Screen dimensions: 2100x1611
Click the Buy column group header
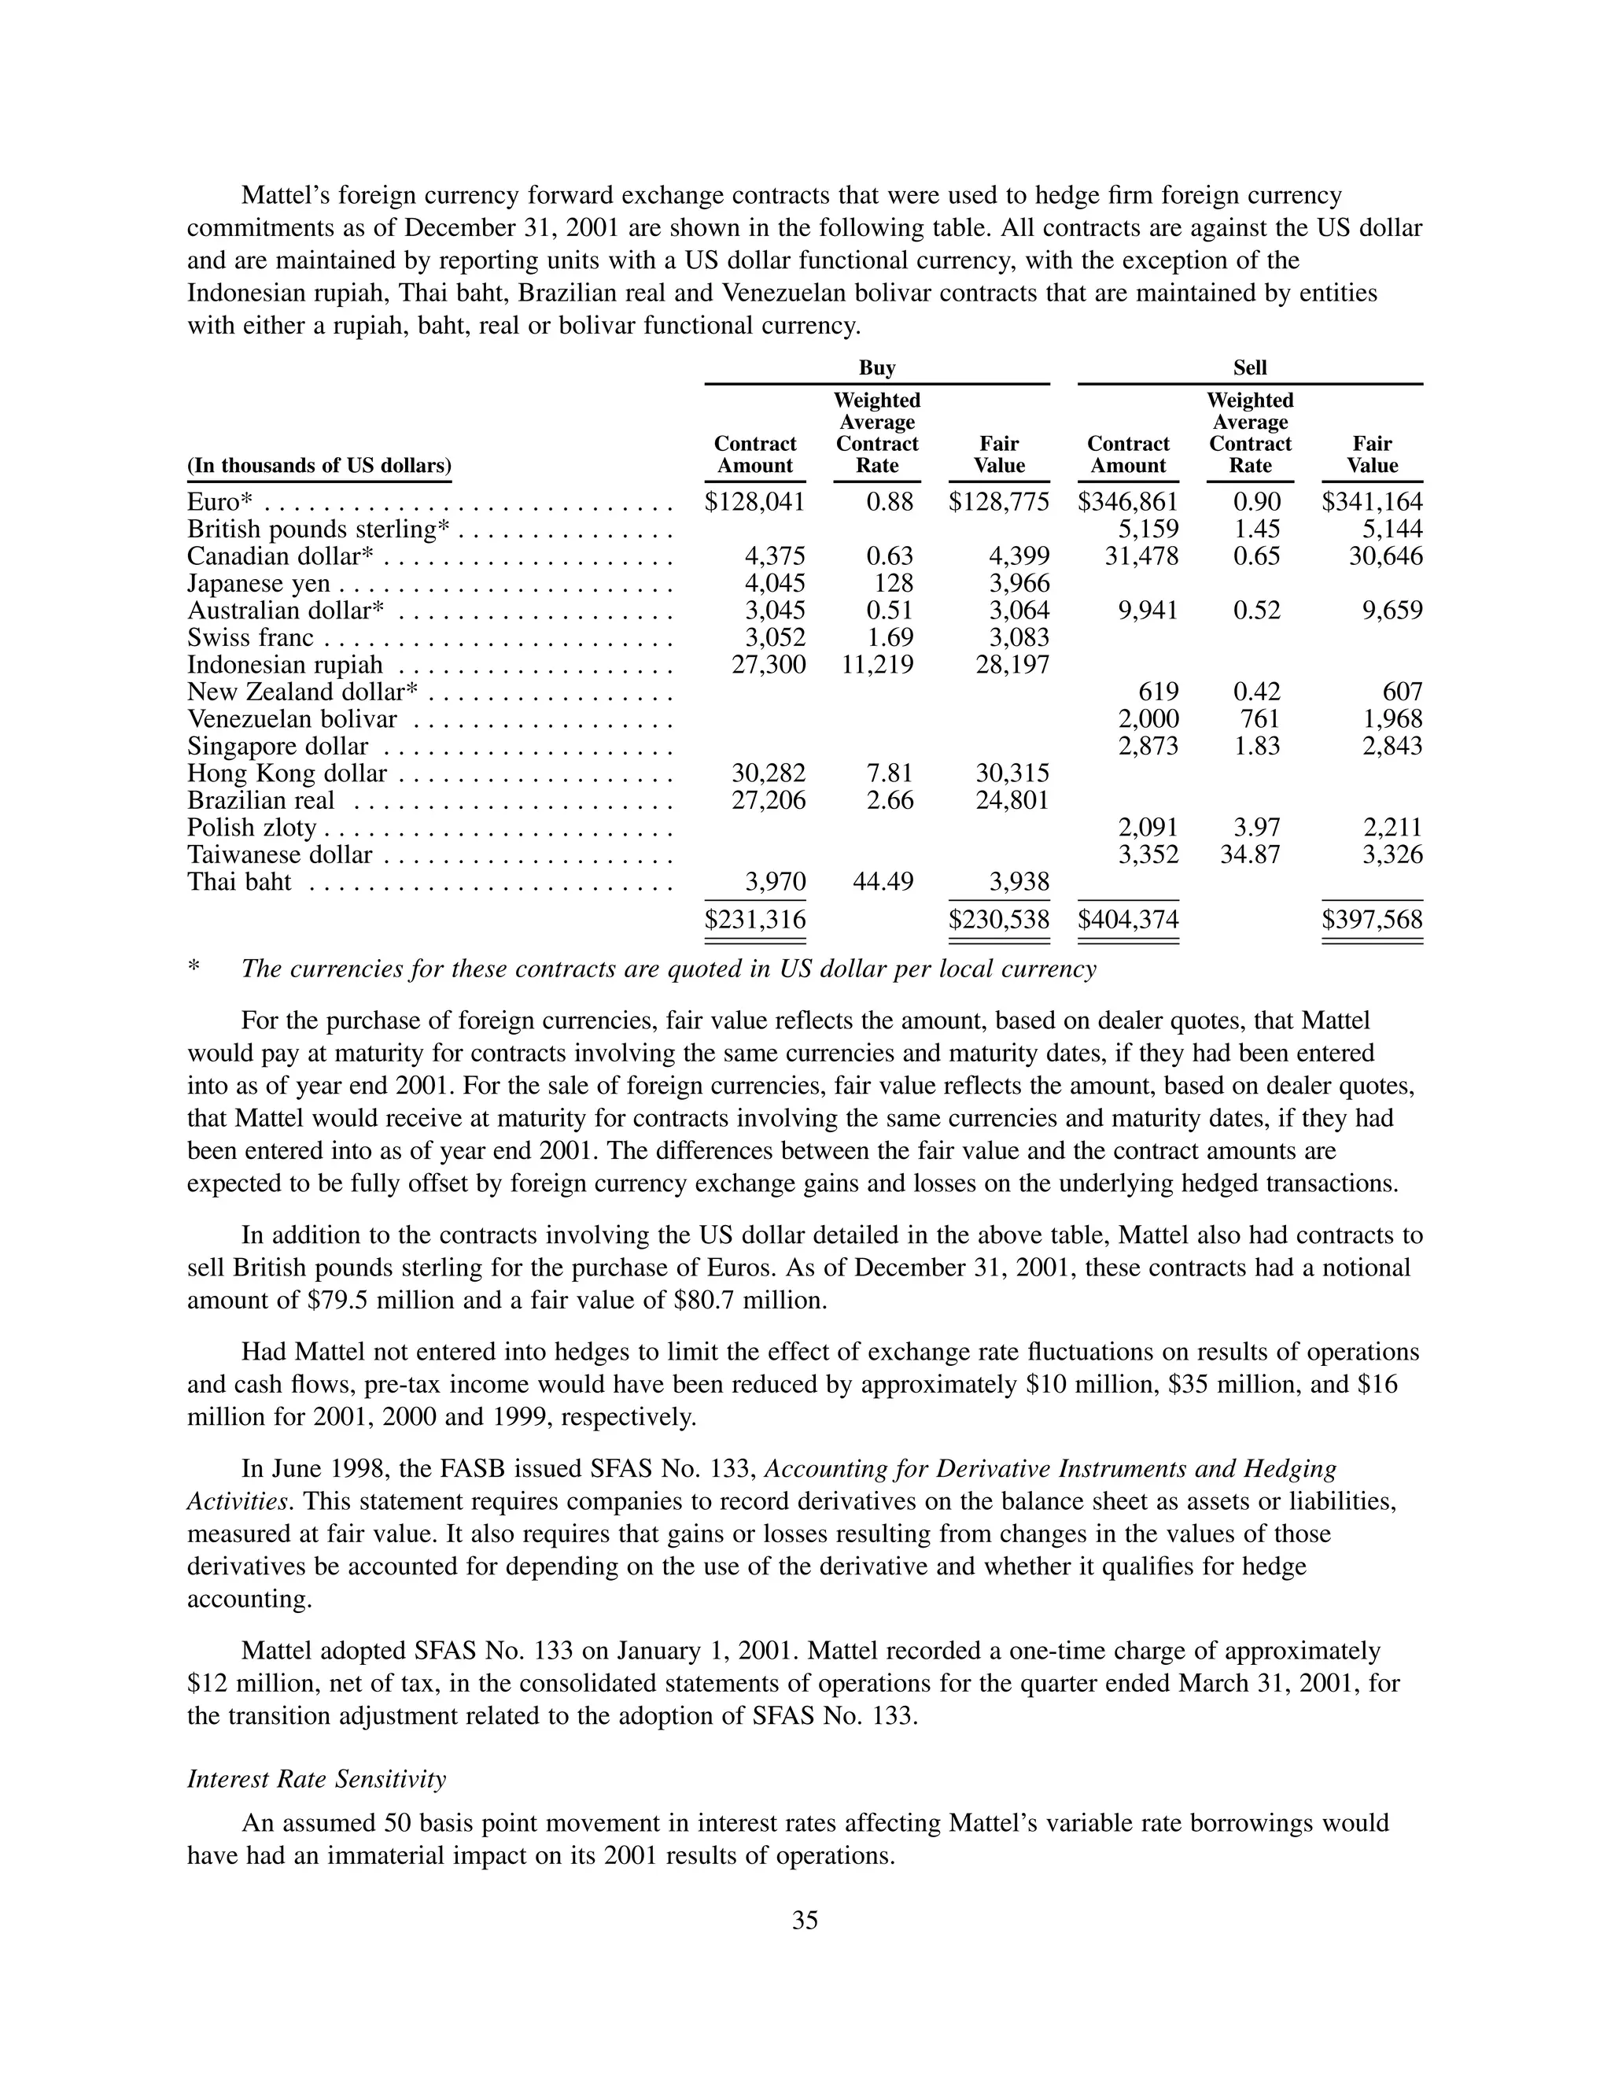876,368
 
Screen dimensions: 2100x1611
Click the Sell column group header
1249,368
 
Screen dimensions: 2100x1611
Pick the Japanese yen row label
258,584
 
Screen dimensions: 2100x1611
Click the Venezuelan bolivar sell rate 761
1259,719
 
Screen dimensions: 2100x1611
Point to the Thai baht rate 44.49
883,882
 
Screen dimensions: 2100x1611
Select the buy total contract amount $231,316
754,921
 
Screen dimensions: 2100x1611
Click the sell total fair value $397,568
1372,921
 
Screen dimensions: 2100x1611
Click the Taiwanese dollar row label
279,855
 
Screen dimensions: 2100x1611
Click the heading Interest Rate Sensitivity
316,1780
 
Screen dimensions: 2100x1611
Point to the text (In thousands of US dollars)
319,466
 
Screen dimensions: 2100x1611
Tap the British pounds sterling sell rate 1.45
1256,530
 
